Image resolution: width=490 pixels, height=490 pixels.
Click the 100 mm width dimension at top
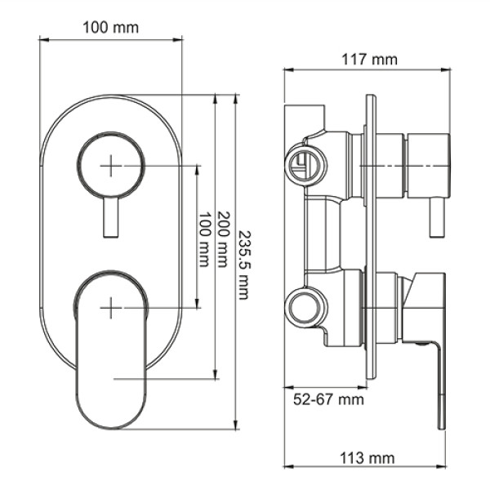(110, 27)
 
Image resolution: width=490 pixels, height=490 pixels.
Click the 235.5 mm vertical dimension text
(243, 263)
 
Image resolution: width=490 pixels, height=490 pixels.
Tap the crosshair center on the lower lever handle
(110, 307)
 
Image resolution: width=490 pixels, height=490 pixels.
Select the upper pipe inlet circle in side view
(305, 165)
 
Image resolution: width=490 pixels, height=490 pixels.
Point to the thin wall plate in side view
(372, 237)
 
